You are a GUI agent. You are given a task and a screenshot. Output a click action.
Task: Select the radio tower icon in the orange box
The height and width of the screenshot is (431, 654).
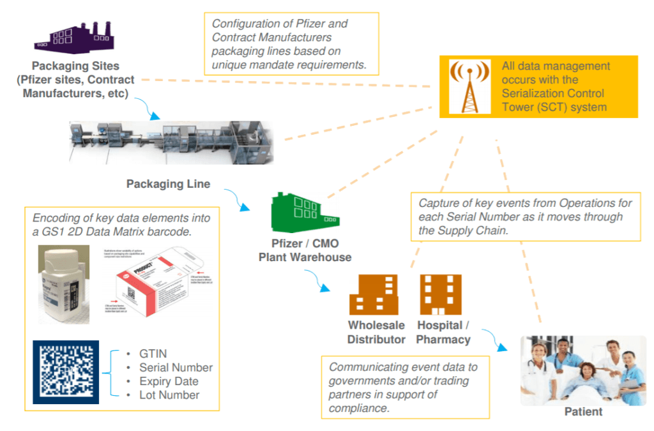point(466,87)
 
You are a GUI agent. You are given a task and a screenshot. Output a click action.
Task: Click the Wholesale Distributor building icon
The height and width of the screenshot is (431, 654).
point(374,294)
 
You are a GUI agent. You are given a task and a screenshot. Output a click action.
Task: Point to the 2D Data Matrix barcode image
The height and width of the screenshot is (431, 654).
point(66,372)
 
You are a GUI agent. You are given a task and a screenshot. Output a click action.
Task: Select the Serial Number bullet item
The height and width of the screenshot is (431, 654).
point(176,368)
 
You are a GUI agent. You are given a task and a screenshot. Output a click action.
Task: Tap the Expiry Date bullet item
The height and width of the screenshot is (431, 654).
point(169,382)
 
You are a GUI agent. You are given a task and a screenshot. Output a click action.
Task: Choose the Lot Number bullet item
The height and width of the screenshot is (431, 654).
point(169,395)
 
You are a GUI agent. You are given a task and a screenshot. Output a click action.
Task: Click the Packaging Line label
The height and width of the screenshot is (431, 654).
point(168,185)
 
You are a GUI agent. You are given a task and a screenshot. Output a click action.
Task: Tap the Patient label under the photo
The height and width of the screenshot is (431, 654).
point(583,412)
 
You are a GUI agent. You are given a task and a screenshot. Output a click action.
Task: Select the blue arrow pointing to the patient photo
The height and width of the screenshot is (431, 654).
point(495,340)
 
